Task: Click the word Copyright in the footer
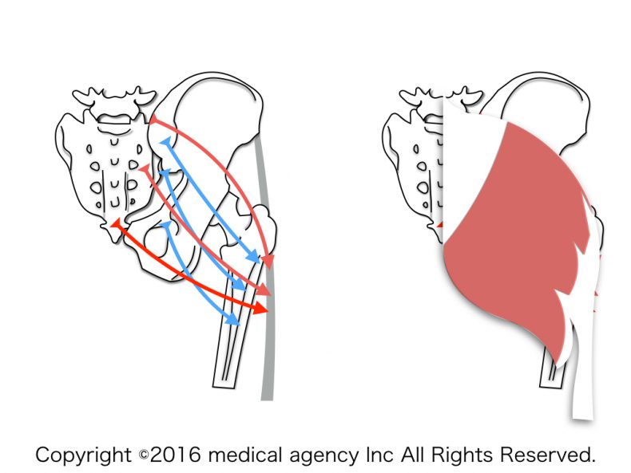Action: click(x=83, y=455)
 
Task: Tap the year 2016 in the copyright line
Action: click(x=175, y=455)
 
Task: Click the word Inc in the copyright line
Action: click(x=379, y=455)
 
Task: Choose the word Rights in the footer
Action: click(x=462, y=455)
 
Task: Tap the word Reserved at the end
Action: click(x=547, y=455)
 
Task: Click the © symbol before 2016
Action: click(x=144, y=455)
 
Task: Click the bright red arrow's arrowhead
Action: click(x=261, y=309)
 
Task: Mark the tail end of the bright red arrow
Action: click(x=116, y=223)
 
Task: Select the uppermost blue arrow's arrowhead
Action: click(x=254, y=255)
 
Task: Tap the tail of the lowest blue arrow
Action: click(x=167, y=226)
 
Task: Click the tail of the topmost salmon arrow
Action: click(x=153, y=120)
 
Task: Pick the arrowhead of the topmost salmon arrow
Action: click(x=269, y=261)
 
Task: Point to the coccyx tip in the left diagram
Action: click(x=116, y=240)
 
